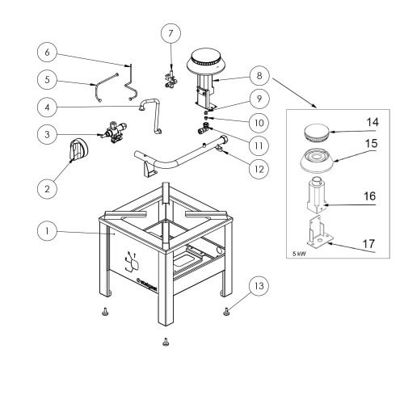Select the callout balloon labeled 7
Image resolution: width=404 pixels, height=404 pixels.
(x=170, y=34)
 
